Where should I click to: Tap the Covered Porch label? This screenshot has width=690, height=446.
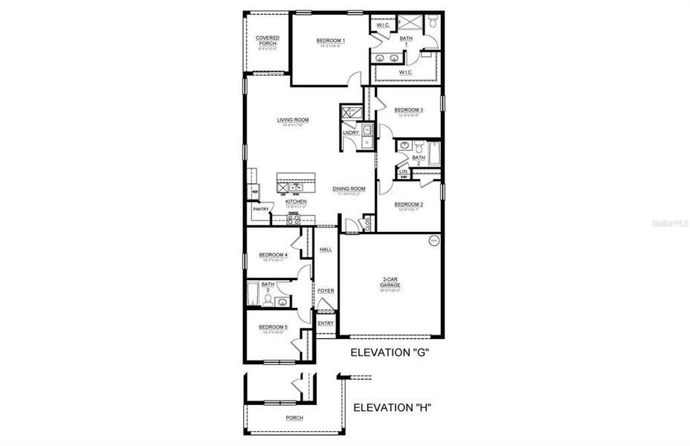[x=267, y=40]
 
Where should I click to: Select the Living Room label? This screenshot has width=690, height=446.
[x=293, y=120]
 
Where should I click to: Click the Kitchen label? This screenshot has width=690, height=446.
[x=295, y=201]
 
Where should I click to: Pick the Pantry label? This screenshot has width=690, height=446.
[x=260, y=210]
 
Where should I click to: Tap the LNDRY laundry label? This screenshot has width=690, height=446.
[x=350, y=133]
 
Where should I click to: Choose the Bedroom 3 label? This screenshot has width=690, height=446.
[x=408, y=111]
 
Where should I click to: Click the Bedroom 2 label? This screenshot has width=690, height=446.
[x=408, y=204]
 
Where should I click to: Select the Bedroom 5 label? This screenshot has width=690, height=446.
[x=273, y=327]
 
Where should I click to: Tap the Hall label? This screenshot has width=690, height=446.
[x=326, y=250]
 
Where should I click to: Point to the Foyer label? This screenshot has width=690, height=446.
[x=326, y=291]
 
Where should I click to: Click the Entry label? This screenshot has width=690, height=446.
[x=326, y=323]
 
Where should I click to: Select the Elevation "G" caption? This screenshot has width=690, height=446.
[x=391, y=353]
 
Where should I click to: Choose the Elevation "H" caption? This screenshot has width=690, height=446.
[x=392, y=408]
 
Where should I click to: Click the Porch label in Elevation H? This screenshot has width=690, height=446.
[x=294, y=418]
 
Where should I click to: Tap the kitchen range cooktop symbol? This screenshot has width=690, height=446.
[x=293, y=219]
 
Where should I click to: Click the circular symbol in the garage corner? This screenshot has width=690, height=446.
[x=433, y=241]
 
